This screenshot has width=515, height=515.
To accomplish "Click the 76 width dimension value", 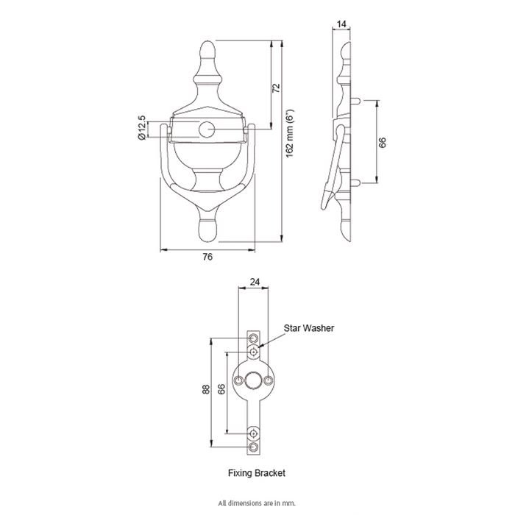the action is (x=207, y=257).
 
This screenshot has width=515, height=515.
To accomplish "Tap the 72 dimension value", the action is (x=276, y=88).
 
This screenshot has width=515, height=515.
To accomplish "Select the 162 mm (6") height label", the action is (x=290, y=133).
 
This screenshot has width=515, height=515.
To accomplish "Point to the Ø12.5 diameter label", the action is (x=141, y=127).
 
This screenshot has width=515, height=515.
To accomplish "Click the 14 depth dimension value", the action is (x=341, y=24).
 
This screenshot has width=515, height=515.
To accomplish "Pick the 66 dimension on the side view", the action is (x=383, y=142).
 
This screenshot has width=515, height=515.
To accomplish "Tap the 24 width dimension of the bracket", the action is (x=255, y=282).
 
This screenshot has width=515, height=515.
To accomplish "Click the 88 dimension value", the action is (x=206, y=389).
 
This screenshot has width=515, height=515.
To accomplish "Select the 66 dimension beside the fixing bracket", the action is (x=221, y=389).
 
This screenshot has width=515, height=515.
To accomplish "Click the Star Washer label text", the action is (x=309, y=328).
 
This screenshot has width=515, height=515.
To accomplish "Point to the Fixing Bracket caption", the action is (x=257, y=473).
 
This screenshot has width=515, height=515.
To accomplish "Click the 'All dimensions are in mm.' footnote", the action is (x=257, y=502).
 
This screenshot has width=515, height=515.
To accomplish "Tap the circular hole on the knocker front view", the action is (x=207, y=129).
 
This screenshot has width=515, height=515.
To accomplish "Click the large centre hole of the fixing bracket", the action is (x=253, y=380).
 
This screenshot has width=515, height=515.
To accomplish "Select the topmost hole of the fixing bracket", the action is (x=253, y=338).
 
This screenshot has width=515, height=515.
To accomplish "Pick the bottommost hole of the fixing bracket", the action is (x=253, y=447).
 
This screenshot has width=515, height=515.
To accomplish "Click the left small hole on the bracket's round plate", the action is (x=238, y=380).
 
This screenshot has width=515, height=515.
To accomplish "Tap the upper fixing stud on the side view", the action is (x=356, y=101).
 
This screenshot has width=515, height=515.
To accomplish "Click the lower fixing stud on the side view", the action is (x=356, y=182).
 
